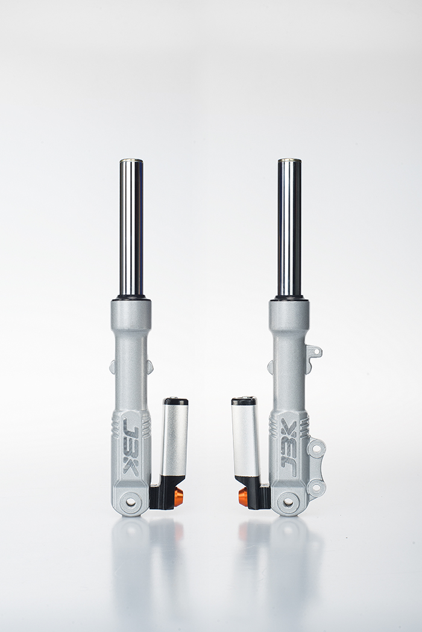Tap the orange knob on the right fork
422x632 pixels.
[244, 495]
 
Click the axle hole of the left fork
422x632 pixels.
[131, 502]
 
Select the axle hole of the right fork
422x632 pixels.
[288, 502]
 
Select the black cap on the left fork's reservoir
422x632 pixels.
[175, 401]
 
